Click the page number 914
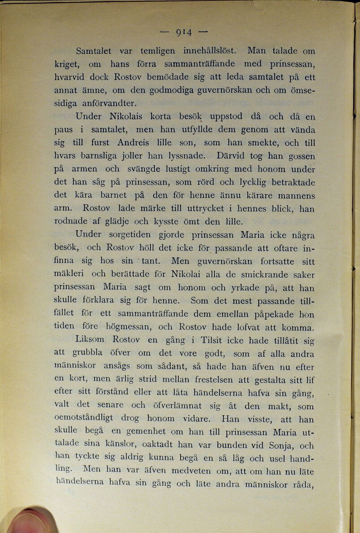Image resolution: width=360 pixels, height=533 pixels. click(x=184, y=32)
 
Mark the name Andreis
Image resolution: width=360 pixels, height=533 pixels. click(x=137, y=143)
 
